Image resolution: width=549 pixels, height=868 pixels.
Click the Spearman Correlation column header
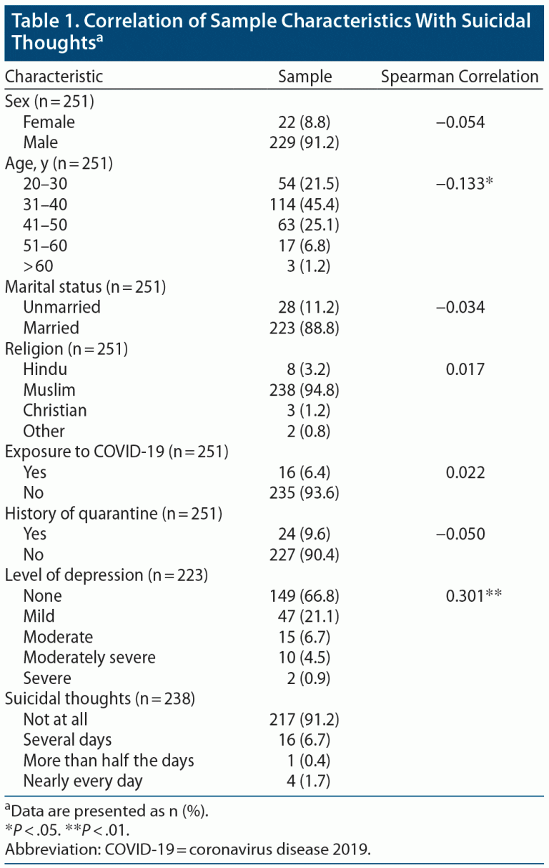coord(460,77)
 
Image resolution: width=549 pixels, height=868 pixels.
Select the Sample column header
coord(305,77)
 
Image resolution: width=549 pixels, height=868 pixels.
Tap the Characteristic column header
coord(54,77)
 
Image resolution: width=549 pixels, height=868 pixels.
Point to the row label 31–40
coord(45,205)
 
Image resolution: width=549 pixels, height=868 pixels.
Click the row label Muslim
coord(49,390)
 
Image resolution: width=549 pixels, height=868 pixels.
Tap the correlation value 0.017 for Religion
coord(464,369)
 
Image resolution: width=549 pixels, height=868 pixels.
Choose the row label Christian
coord(55,411)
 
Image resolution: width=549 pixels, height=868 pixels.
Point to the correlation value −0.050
coord(460,535)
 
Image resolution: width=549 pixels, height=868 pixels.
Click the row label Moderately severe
coord(89,658)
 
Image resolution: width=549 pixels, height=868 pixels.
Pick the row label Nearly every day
coord(83,781)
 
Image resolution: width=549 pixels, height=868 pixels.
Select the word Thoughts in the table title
coord(50,43)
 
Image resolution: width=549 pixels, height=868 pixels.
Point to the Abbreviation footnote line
coord(189,850)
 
